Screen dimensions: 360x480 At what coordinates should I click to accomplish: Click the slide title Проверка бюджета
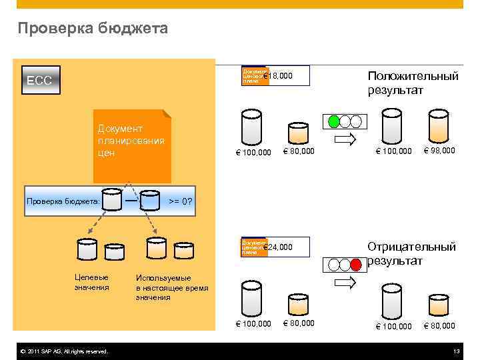pos(93,28)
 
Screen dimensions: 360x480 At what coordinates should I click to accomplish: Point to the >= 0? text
pos(180,201)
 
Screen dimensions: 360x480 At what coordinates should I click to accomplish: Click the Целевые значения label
pos(92,282)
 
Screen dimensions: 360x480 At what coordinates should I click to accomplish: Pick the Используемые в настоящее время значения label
pos(172,287)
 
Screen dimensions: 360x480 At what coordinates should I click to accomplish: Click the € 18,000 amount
pos(279,77)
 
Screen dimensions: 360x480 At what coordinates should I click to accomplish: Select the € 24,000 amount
pos(279,247)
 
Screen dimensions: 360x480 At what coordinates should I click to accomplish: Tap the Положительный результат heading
pos(413,83)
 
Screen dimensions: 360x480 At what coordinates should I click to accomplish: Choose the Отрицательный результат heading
pos(411,253)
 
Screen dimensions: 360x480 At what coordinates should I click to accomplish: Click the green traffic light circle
pos(333,121)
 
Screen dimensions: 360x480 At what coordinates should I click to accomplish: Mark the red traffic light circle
pos(356,263)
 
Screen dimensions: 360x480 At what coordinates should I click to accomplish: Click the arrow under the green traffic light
pos(345,139)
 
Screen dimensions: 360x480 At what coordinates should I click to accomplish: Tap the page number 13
pos(456,351)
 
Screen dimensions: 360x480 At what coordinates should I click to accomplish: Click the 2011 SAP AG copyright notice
pos(64,351)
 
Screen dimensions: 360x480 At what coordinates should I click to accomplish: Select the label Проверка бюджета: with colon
pos(62,201)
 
